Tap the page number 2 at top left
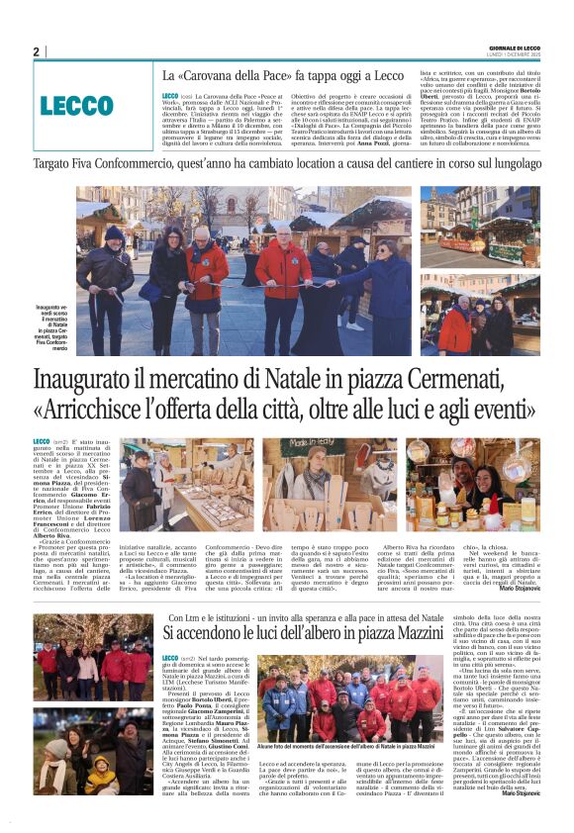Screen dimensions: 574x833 point(36,51)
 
